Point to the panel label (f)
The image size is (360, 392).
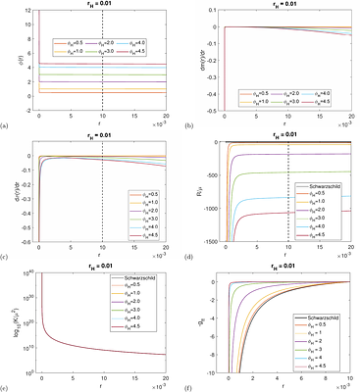coord(188,386)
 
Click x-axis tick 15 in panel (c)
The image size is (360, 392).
coord(134,246)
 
